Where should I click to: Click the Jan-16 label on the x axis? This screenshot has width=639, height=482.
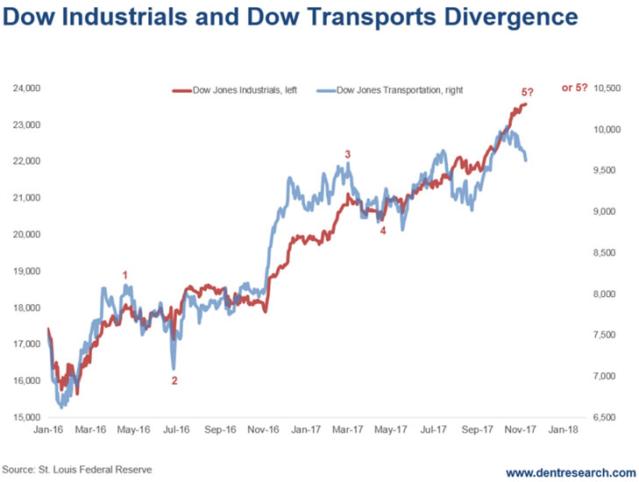coord(48,430)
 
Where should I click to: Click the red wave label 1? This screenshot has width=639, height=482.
coord(125,275)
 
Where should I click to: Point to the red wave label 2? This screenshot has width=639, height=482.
coord(174,380)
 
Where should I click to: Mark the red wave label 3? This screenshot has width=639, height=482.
coord(348,154)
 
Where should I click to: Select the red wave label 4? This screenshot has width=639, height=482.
coord(382,230)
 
